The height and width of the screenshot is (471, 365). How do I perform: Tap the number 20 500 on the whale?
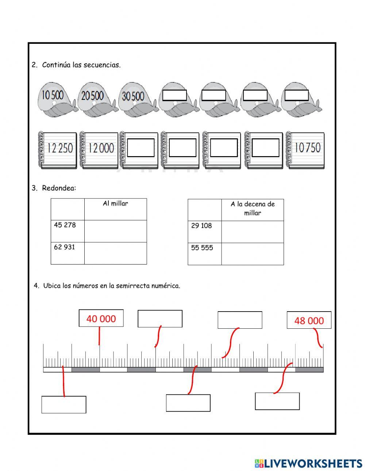coord(92,96)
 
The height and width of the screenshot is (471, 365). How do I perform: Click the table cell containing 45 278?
coord(67,231)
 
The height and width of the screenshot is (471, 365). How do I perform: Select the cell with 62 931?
coord(67,253)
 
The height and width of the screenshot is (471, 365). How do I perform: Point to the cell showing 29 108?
coord(204,231)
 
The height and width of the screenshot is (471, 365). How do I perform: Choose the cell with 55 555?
coord(204,254)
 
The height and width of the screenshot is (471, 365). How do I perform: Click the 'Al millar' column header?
coord(115,204)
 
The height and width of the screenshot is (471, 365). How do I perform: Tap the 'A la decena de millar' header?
coord(252,208)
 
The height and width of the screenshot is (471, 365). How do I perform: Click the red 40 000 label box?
coord(101,318)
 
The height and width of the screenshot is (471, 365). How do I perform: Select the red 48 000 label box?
coord(309,320)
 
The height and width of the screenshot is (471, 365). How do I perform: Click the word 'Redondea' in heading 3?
coord(58,188)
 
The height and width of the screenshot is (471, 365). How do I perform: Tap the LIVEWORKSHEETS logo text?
coord(312,463)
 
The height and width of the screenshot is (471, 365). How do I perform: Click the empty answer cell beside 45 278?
coord(115,231)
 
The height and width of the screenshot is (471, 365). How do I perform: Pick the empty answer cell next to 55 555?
coord(252,254)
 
